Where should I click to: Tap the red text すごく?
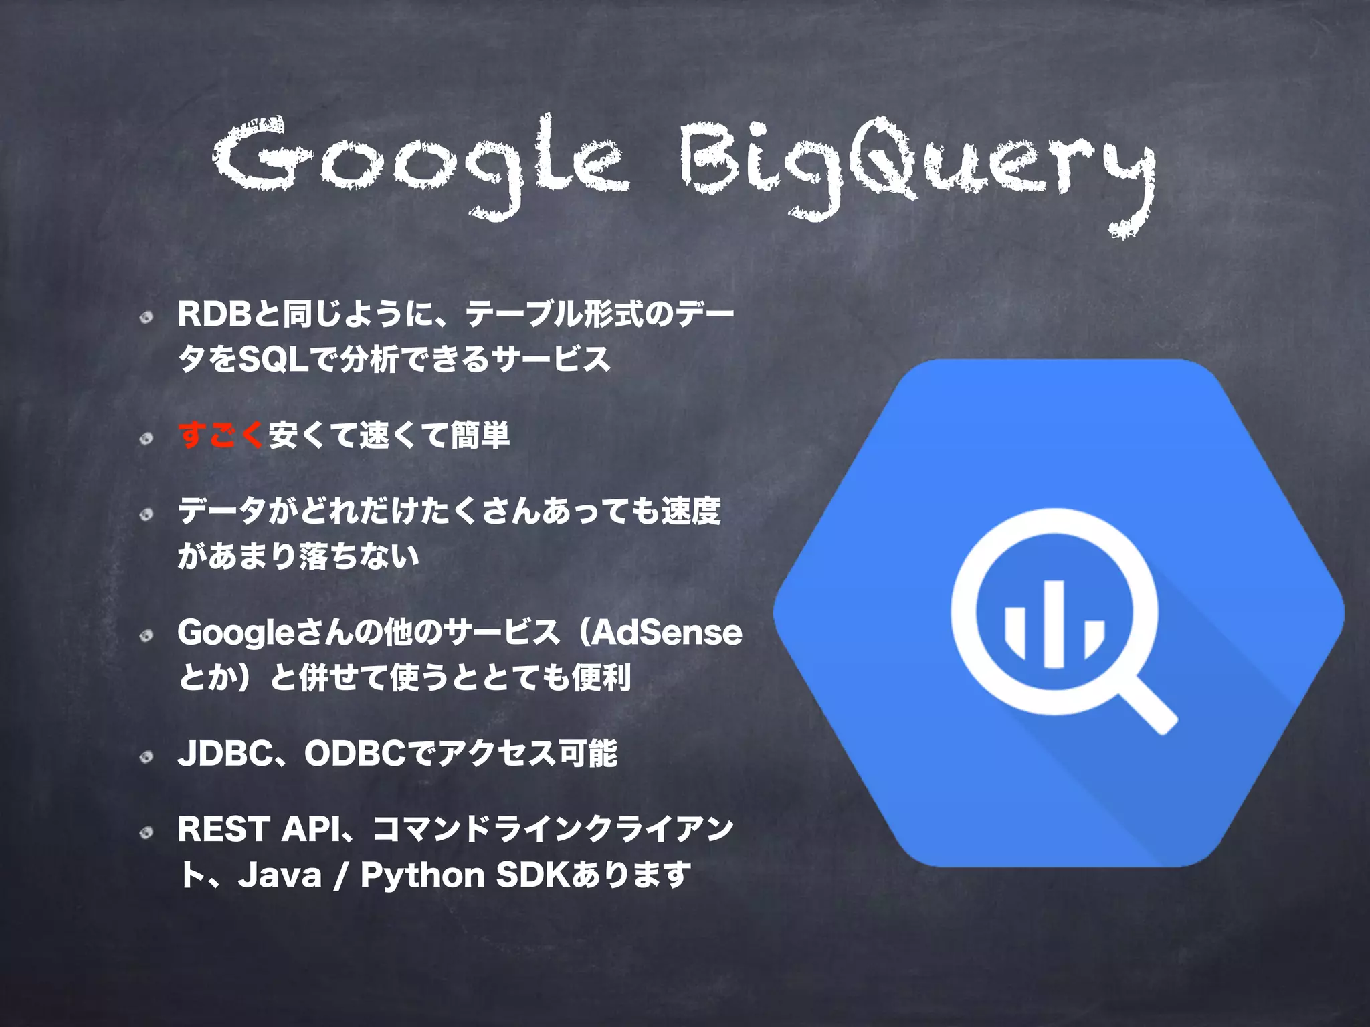pos(222,435)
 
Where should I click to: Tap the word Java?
pos(280,875)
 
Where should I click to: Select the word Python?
pos(422,875)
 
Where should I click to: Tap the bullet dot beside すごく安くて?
pos(146,439)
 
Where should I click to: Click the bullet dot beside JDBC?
pos(146,757)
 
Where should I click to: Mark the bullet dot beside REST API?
pos(146,832)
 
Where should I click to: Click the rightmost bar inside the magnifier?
pos(1093,639)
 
